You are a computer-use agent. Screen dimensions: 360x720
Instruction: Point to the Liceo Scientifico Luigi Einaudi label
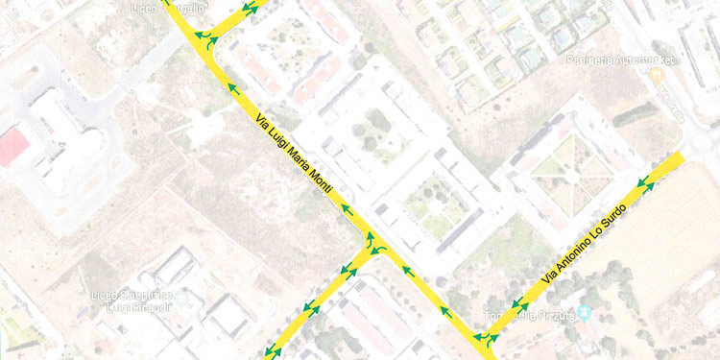coord(133,300)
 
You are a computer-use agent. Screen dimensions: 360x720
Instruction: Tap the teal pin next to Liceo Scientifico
coord(183,300)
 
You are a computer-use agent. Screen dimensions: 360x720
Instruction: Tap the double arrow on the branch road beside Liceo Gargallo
coord(250,9)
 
